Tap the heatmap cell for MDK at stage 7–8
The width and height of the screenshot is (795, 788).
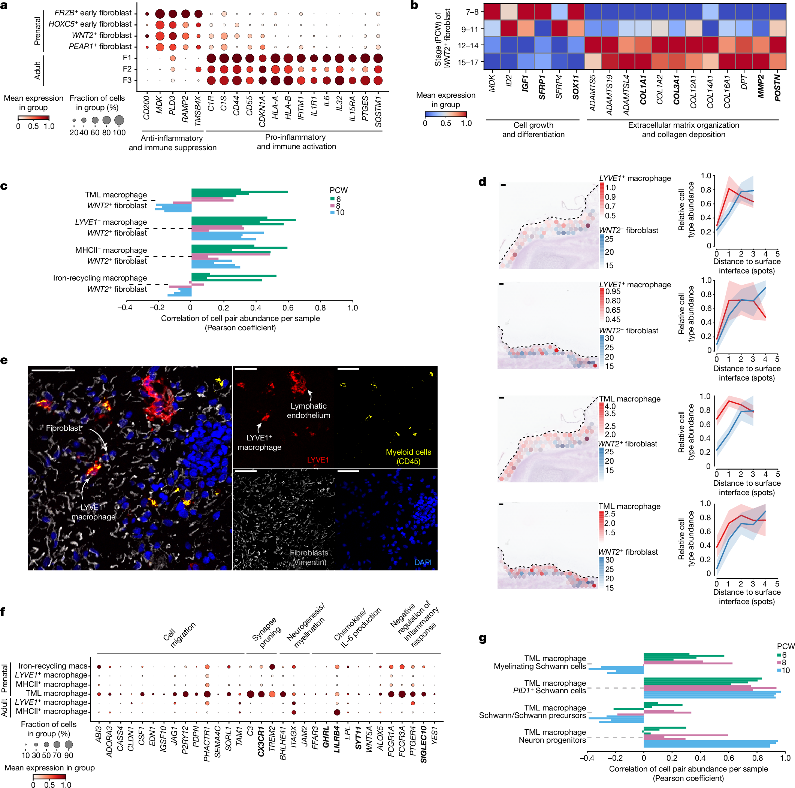pos(492,12)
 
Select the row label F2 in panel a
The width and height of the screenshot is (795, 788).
pos(127,69)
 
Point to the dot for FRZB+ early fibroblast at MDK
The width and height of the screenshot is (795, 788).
pos(160,14)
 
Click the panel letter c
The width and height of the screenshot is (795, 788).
pos(4,186)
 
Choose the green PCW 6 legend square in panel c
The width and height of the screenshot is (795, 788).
pos(332,199)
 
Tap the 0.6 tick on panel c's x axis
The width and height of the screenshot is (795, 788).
pos(288,307)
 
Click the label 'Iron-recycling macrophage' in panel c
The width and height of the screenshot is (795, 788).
pos(100,278)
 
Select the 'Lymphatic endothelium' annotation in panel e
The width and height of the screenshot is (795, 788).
pos(308,410)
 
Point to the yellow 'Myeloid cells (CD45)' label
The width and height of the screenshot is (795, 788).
pos(408,457)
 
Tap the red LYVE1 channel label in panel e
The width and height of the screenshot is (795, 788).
pos(318,460)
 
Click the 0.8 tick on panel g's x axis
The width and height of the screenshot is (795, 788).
pos(757,757)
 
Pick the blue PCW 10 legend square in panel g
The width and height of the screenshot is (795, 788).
pos(779,670)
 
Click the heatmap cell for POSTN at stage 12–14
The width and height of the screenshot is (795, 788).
pos(777,45)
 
